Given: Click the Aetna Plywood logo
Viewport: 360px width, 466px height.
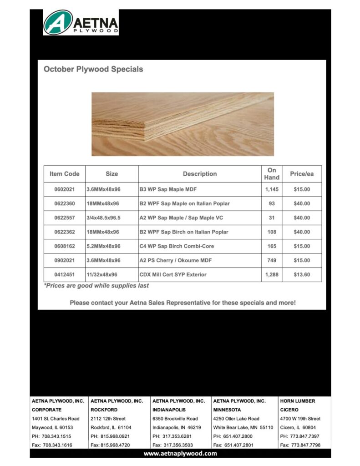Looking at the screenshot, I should coord(81,22).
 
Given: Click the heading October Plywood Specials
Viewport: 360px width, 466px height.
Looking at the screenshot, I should coord(93,70).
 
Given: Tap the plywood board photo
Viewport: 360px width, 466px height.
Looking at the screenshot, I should coord(183,124).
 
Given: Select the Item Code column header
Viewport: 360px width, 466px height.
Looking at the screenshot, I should coord(65,174).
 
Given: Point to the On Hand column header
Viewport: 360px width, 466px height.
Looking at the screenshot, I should coord(272,174).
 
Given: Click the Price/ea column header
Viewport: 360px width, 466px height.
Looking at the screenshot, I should coord(302,174).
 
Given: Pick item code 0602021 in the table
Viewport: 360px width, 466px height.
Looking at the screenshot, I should coord(65,189).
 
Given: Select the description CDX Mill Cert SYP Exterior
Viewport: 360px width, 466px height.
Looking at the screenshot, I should coord(173,275).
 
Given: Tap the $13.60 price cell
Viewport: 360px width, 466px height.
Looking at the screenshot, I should coord(302,275).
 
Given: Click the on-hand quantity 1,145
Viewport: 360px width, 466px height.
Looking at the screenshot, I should coord(272,189).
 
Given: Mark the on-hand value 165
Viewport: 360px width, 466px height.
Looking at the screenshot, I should coord(272,246).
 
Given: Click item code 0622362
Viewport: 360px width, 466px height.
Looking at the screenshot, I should coord(65,232).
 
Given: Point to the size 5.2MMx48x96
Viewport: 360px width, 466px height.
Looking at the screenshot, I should coord(104,246).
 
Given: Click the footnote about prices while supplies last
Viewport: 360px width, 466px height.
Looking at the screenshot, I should coord(96,286).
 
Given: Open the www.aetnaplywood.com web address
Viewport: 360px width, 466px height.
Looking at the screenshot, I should coord(180,454).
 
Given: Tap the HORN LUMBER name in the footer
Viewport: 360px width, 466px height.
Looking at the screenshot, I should coord(298,401).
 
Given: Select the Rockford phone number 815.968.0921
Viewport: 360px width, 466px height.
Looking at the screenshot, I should coord(110,436).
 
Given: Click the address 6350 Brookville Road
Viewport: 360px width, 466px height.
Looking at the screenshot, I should coord(175,419).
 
